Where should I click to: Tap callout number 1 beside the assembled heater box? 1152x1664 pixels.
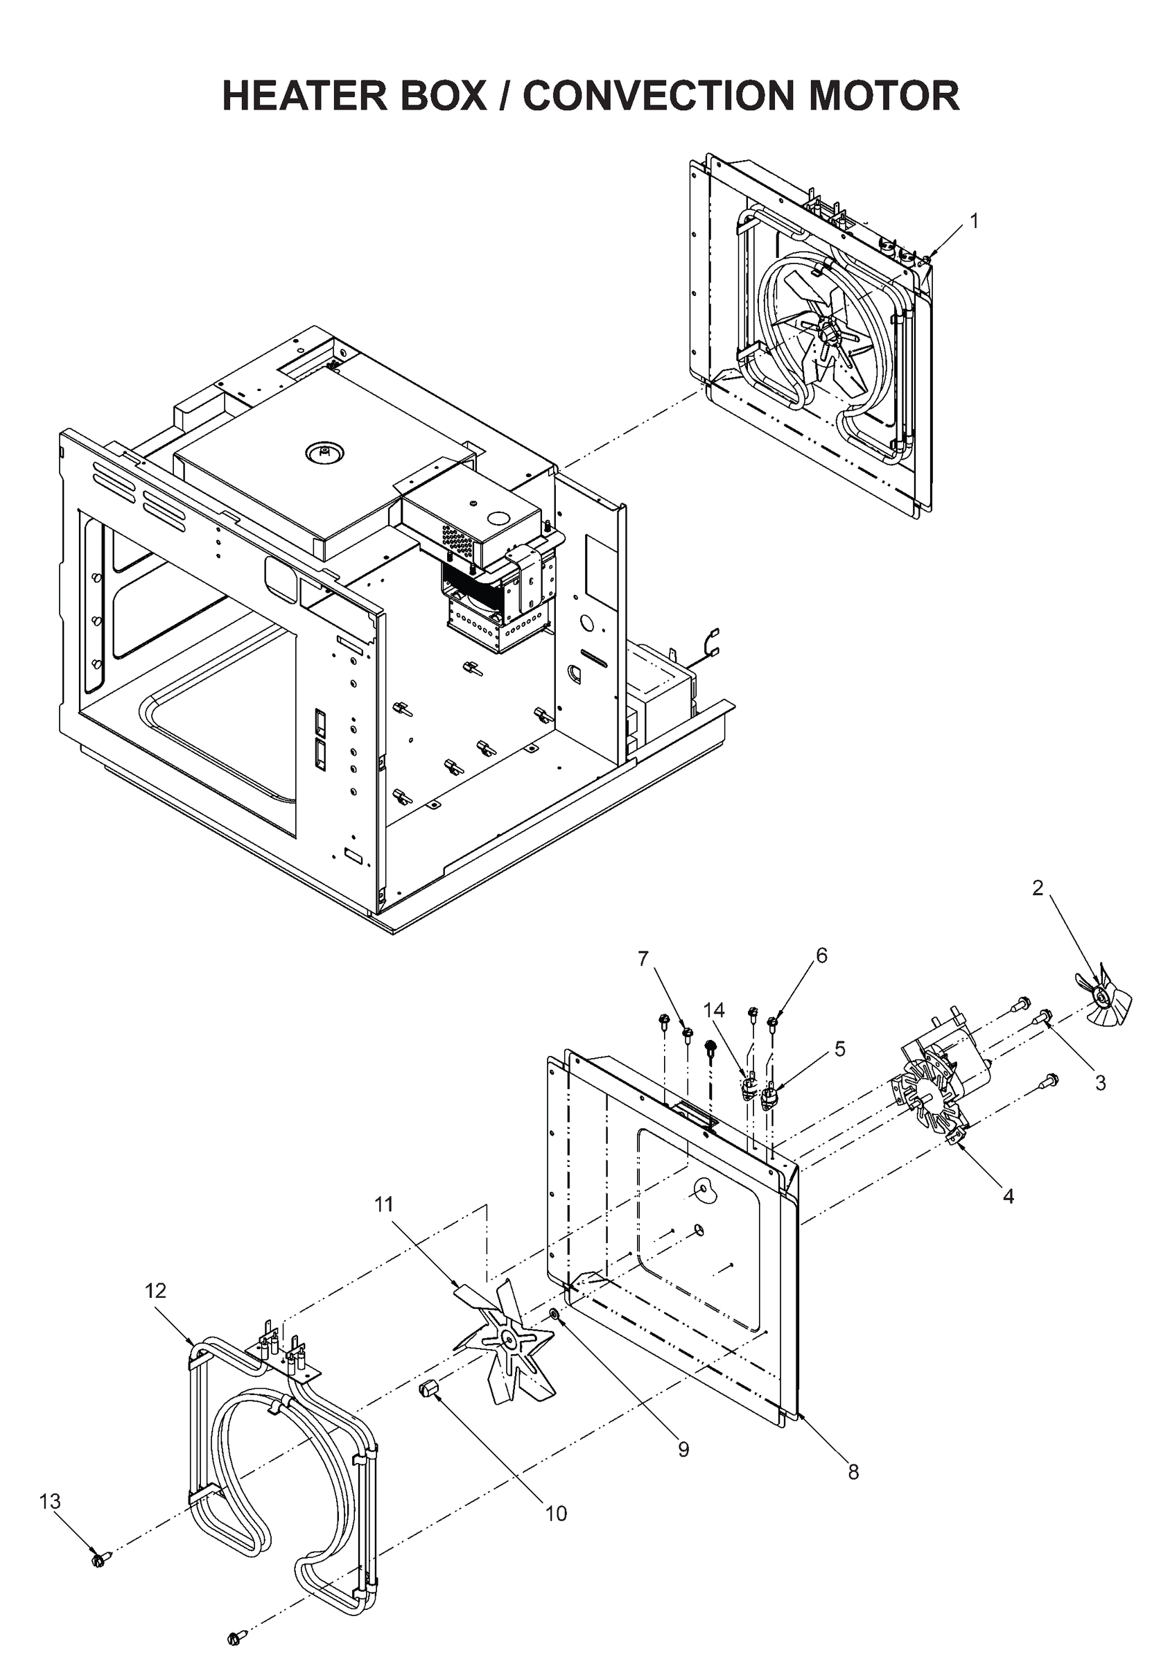tap(974, 221)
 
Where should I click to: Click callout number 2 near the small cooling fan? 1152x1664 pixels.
tap(1037, 889)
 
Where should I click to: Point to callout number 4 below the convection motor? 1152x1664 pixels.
tap(1009, 1196)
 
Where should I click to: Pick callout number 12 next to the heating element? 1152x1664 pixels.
tap(155, 1291)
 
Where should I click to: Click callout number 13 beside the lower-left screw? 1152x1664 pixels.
tap(50, 1502)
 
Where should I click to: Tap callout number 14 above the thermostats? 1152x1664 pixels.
tap(715, 1010)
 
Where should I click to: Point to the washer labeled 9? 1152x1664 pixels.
tap(554, 1315)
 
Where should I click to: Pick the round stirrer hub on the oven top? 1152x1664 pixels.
tap(325, 453)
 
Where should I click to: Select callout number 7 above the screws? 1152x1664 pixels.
tap(643, 959)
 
